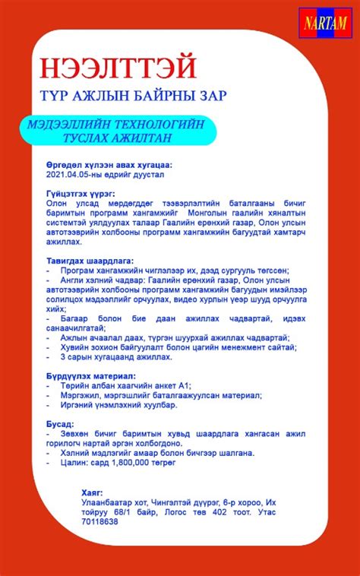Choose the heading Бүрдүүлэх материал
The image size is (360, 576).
pyautogui.click(x=90, y=375)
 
